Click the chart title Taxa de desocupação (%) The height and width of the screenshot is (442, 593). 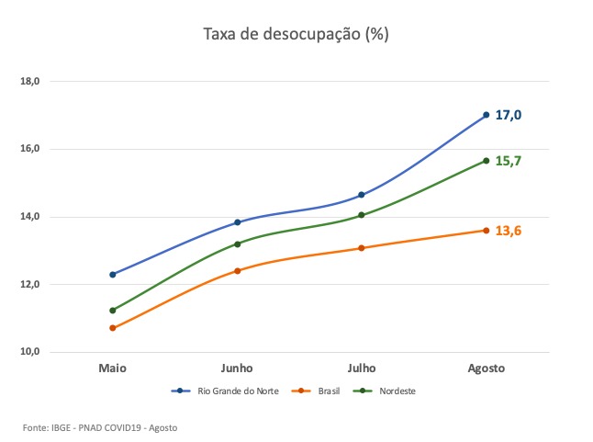(296, 35)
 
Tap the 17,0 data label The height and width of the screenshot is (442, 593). (508, 115)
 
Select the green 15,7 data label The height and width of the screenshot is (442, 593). (508, 161)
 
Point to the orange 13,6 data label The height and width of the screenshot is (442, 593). (508, 231)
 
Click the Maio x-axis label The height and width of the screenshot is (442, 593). (112, 368)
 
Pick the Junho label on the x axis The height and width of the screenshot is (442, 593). (237, 368)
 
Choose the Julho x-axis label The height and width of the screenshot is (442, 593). (362, 368)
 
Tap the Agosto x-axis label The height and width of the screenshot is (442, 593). (486, 368)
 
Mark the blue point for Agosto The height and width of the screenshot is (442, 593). (487, 115)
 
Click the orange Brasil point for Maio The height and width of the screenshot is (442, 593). (113, 328)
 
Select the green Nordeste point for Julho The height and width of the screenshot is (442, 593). (362, 215)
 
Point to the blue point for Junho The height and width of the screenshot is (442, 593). (238, 222)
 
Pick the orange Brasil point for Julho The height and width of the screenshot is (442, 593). (362, 248)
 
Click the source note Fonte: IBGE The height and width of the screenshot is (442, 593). (100, 428)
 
